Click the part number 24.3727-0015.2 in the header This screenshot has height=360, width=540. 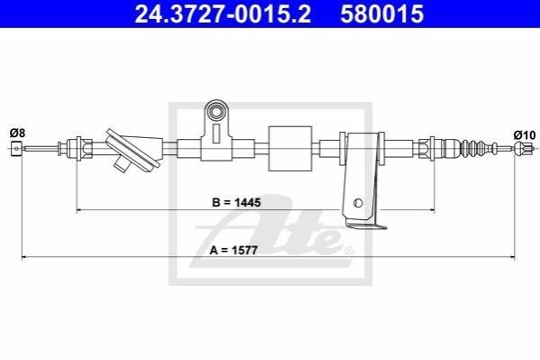point(223,14)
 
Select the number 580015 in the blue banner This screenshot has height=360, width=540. point(382,14)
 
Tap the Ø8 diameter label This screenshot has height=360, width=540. point(17,133)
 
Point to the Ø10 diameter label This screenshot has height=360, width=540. point(525,134)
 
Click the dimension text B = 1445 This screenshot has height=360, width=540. point(236,202)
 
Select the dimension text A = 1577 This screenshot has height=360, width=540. point(233,250)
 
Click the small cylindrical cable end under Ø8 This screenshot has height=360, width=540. point(16,149)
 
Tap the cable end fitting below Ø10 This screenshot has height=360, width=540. point(523,149)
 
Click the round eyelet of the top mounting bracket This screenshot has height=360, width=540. point(216,112)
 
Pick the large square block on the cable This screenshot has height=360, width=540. point(290,149)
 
